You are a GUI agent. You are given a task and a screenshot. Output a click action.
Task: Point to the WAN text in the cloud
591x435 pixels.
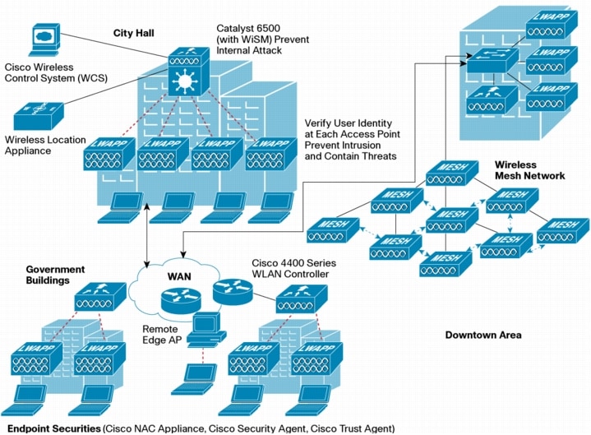[180, 275]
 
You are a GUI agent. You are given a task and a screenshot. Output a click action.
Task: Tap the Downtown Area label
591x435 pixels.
[483, 335]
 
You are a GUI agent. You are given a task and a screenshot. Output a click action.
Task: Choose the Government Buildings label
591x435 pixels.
[55, 275]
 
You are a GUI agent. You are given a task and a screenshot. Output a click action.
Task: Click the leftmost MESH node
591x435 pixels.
[332, 230]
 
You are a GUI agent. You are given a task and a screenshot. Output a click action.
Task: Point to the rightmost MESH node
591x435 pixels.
[562, 229]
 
